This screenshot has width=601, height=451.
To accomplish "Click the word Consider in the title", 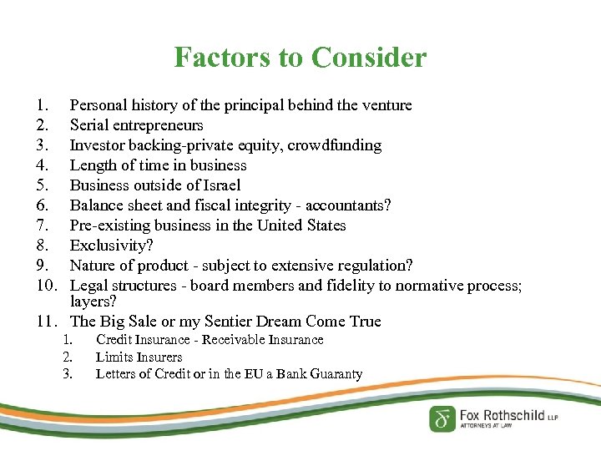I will [368, 58].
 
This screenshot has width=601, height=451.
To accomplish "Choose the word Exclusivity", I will [112, 246].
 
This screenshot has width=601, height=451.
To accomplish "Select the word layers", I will [93, 302].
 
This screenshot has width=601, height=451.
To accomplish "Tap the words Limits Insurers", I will [139, 357].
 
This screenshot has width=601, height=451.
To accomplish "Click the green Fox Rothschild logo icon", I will [442, 418].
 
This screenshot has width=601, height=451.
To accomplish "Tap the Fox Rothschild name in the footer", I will [503, 414].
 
